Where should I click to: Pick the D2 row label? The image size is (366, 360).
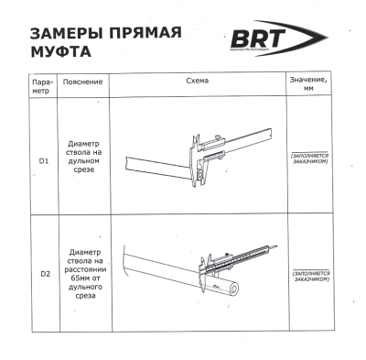[44, 272]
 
